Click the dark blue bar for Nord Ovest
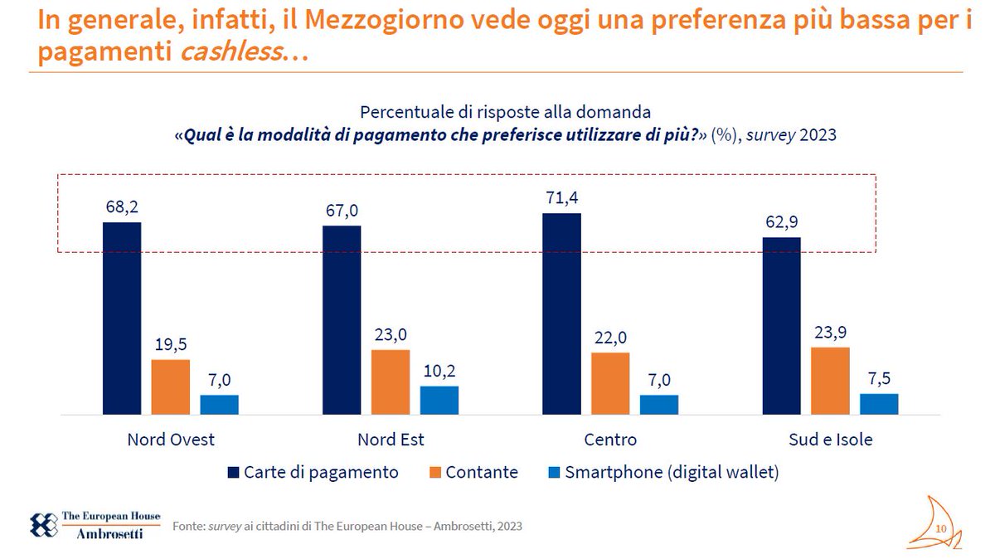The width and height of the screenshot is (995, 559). (121, 318)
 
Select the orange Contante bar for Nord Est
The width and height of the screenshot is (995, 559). (390, 382)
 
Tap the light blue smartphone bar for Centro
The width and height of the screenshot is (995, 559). (659, 405)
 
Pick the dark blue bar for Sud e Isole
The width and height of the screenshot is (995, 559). (781, 326)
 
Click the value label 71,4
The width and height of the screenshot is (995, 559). (561, 199)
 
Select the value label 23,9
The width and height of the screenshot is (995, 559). (830, 333)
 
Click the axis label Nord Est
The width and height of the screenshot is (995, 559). (391, 440)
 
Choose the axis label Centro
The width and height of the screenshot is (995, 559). (610, 440)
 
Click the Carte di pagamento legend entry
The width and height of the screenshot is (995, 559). (313, 473)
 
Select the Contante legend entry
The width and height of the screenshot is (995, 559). (472, 473)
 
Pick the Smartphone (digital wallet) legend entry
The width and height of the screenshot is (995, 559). (663, 473)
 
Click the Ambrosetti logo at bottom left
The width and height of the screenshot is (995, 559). (95, 526)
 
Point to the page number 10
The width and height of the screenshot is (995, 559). (941, 529)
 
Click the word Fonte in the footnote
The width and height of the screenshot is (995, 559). (187, 527)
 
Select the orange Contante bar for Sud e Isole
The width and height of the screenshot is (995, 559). (830, 381)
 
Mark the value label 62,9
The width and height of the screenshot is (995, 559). (781, 223)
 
